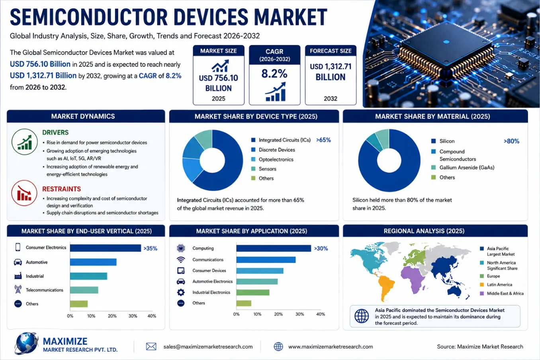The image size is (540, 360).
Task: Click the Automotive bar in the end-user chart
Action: pyautogui.click(x=93, y=262)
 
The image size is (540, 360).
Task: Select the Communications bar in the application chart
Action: pyautogui.click(x=266, y=260)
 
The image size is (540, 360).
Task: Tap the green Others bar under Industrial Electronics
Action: pyautogui.click(x=244, y=303)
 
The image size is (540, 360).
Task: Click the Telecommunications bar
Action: pyautogui.click(x=84, y=290)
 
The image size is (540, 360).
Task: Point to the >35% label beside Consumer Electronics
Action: pyautogui.click(x=151, y=248)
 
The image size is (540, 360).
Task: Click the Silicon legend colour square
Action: pyautogui.click(x=433, y=141)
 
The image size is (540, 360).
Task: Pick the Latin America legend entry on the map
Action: pyautogui.click(x=496, y=284)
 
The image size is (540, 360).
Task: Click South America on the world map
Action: pyautogui.click(x=386, y=287)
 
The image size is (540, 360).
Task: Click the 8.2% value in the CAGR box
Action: pyautogui.click(x=274, y=74)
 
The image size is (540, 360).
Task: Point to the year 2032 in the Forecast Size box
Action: pyautogui.click(x=331, y=99)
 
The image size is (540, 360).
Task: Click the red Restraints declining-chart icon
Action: pyautogui.click(x=24, y=193)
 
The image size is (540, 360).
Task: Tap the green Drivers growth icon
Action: pyautogui.click(x=25, y=142)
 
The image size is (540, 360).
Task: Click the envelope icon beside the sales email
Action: pyautogui.click(x=151, y=346)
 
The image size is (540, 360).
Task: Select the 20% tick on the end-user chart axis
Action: pyautogui.click(x=112, y=316)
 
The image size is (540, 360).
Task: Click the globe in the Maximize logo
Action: pyautogui.click(x=26, y=343)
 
